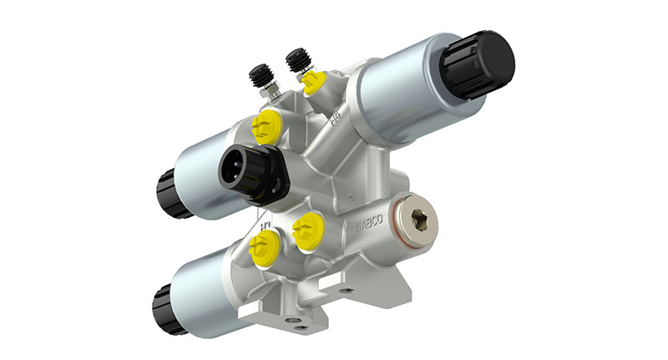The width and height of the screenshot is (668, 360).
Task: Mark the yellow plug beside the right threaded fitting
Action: (313, 82)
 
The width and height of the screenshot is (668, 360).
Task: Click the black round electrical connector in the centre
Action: (250, 174)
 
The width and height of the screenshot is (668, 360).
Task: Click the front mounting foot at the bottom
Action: (276, 317)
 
